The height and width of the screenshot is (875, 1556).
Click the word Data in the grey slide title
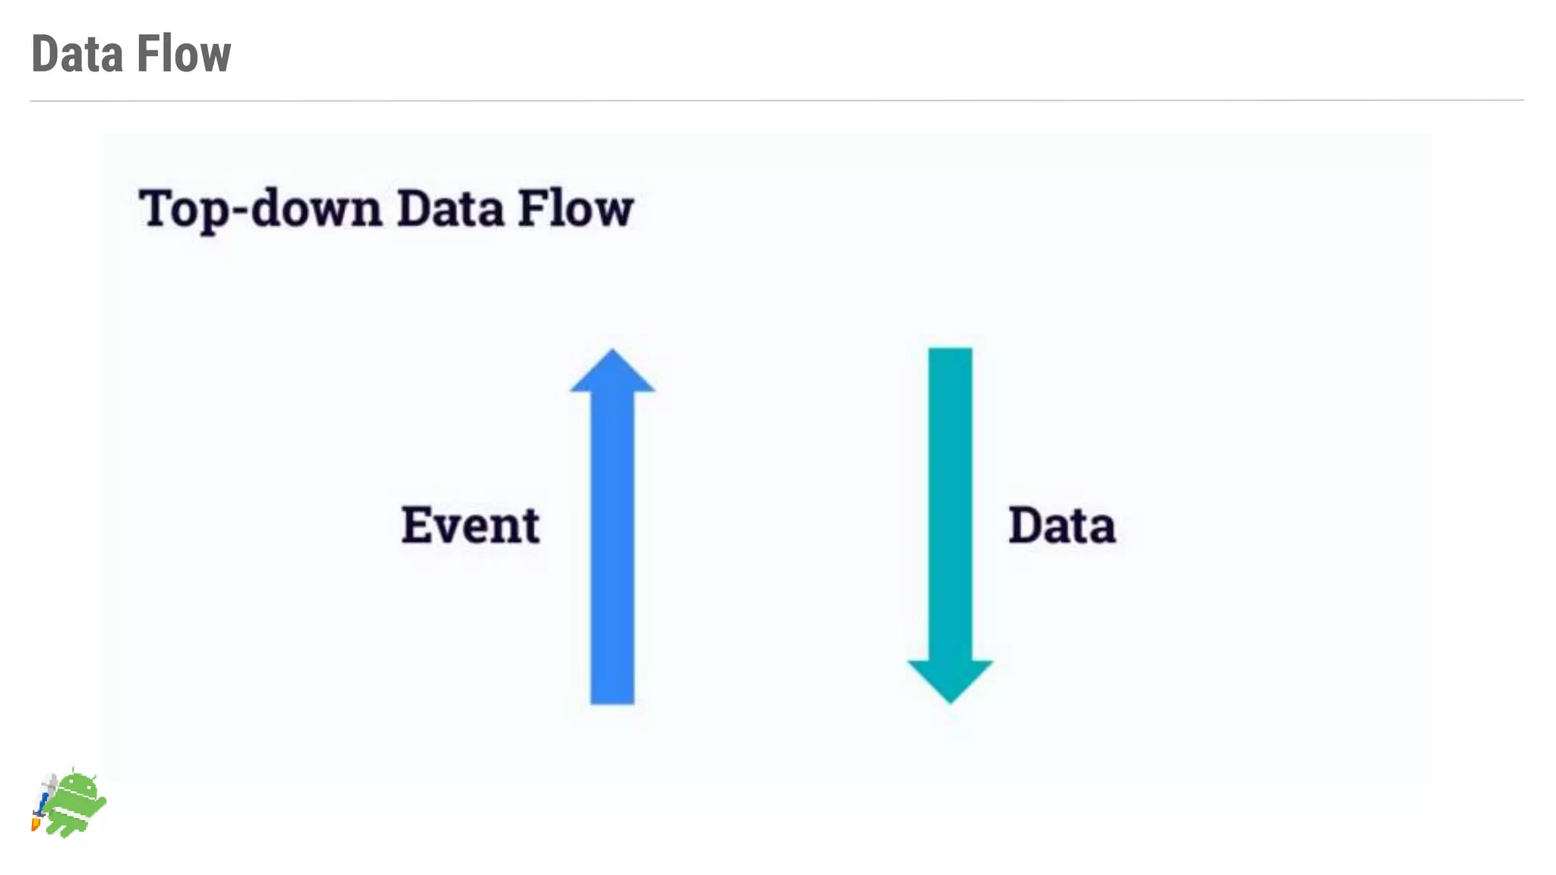76,55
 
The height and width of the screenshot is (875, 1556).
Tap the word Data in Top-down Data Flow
450,209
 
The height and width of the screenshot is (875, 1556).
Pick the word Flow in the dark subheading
575,209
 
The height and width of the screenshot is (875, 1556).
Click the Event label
470,525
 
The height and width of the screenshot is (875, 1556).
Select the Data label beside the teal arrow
1061,525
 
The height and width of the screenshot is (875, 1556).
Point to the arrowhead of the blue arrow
612,373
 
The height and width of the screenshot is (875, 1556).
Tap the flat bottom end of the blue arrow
612,700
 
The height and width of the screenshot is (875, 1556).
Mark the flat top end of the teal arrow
950,352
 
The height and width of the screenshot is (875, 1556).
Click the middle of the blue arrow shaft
612,547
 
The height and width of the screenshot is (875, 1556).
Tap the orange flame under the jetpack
35,823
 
